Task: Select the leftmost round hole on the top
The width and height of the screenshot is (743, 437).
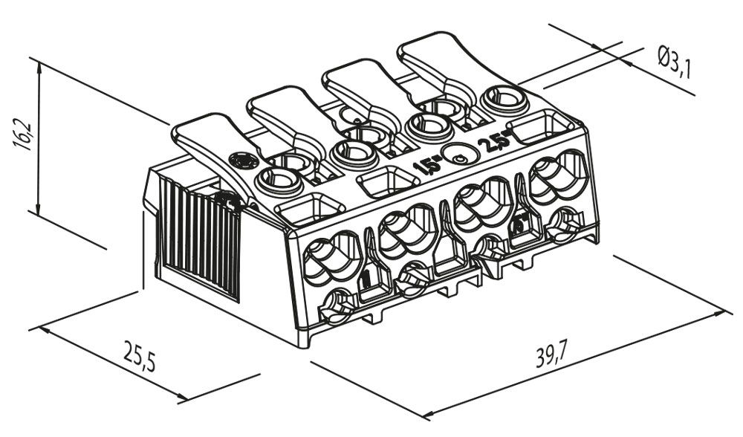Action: pyautogui.click(x=276, y=179)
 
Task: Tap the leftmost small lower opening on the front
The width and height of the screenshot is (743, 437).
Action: pyautogui.click(x=337, y=305)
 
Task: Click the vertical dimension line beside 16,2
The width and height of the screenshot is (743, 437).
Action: pyautogui.click(x=38, y=135)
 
